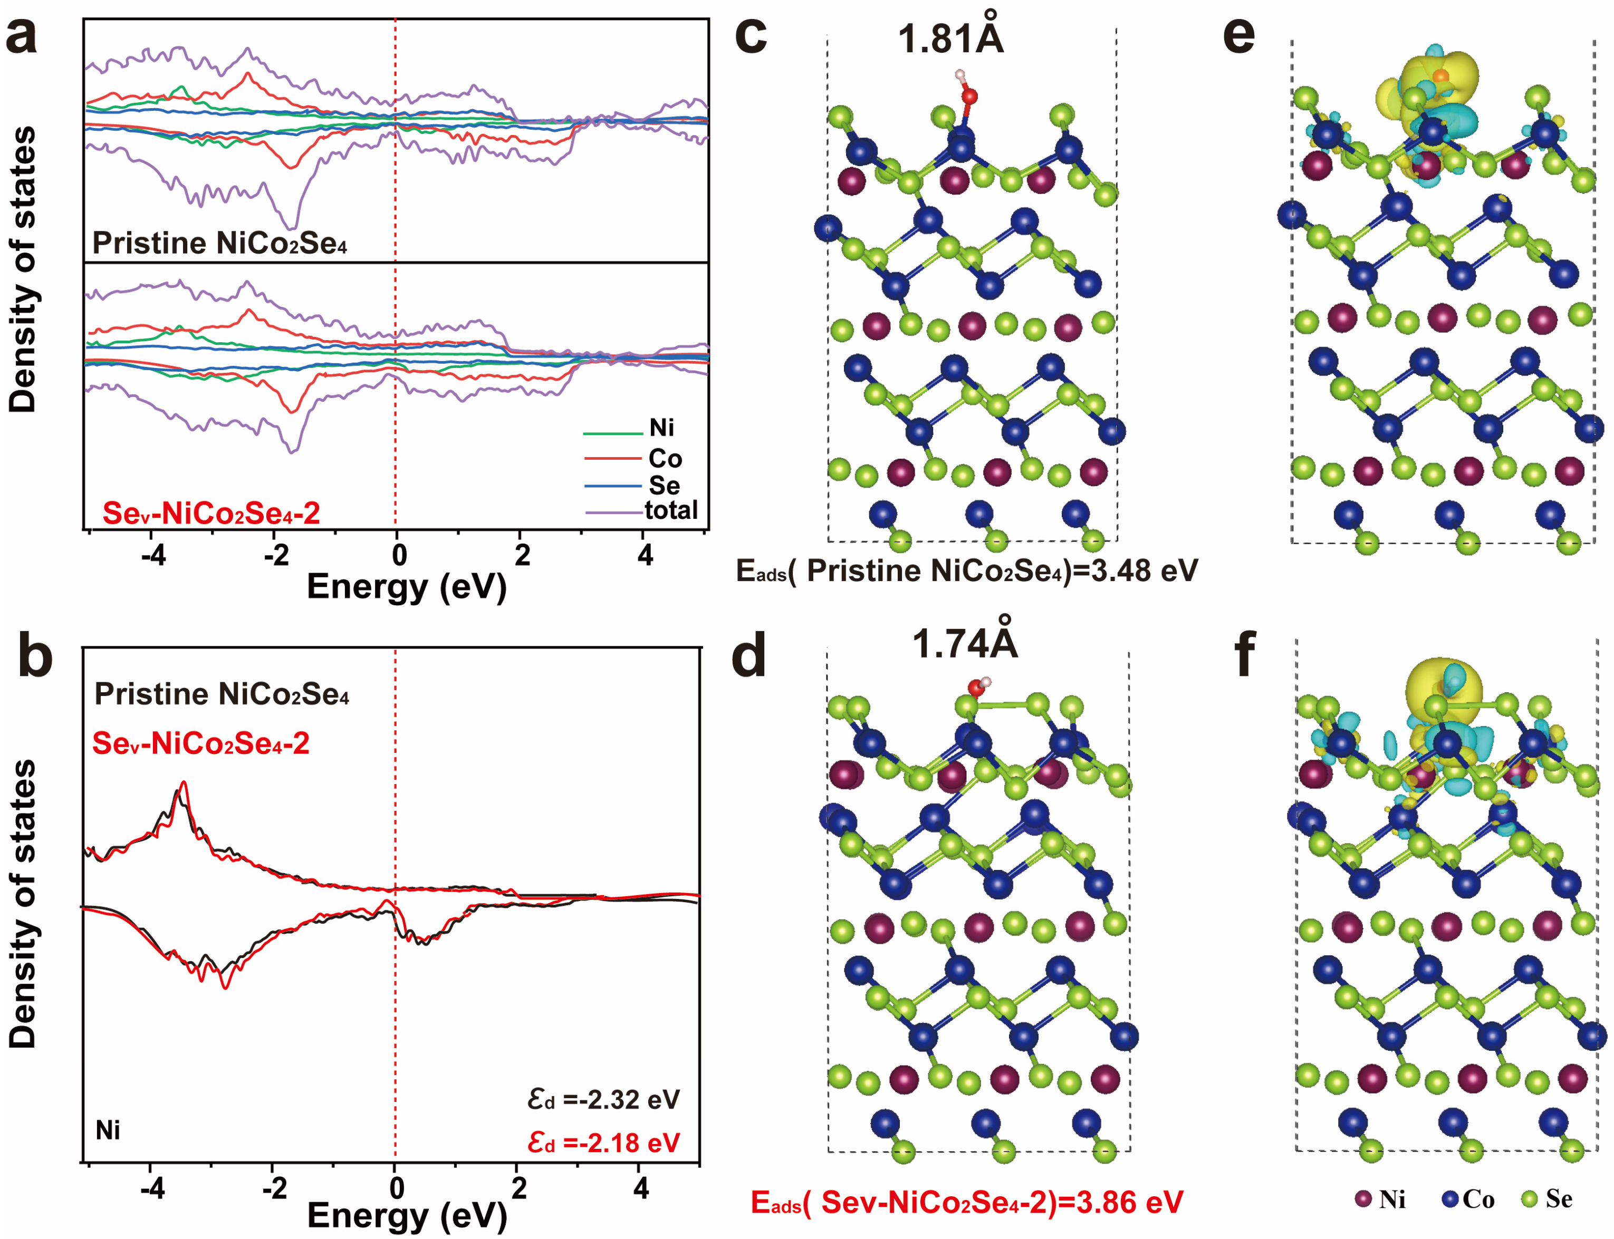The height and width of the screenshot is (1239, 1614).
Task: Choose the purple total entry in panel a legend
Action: pyautogui.click(x=670, y=510)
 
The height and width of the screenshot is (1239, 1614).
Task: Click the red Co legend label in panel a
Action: pyautogui.click(x=665, y=459)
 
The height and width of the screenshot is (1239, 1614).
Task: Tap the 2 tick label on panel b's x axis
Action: pyautogui.click(x=518, y=1187)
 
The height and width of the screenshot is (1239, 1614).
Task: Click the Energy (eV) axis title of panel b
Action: pyautogui.click(x=407, y=1215)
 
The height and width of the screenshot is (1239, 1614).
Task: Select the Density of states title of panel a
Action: pyautogui.click(x=22, y=269)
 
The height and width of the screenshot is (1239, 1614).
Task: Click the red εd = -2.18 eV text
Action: pyautogui.click(x=603, y=1143)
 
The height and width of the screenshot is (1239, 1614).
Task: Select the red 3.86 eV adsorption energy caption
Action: pyautogui.click(x=966, y=1202)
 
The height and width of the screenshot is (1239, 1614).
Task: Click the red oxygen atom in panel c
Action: pyautogui.click(x=969, y=96)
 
